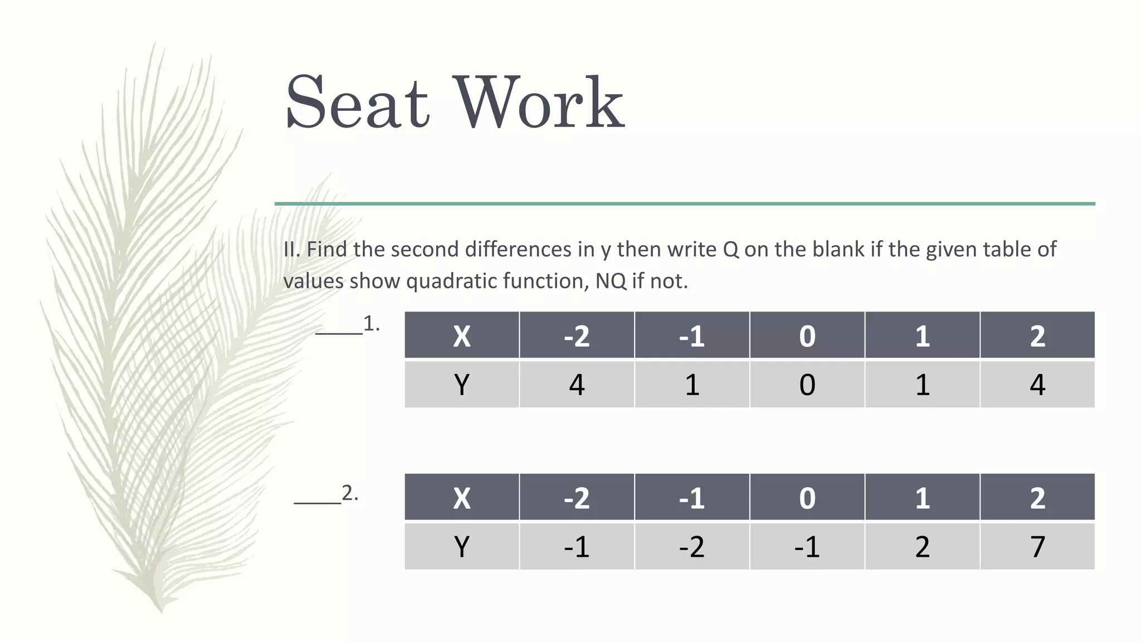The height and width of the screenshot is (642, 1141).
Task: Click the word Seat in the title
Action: tap(357, 103)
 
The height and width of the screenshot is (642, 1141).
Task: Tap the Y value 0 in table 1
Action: tap(807, 385)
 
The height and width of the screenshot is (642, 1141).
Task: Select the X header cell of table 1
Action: tap(461, 335)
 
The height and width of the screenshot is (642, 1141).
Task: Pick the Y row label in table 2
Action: tap(461, 546)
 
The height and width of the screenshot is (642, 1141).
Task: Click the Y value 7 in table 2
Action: tap(1037, 546)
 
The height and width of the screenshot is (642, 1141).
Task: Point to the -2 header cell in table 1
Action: tap(577, 335)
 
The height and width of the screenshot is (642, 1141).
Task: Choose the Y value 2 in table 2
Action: tap(922, 546)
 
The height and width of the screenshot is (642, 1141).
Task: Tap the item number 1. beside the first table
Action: tap(372, 323)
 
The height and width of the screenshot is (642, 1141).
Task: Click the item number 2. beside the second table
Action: tap(350, 493)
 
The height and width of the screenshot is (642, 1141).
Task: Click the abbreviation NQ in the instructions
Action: tap(611, 281)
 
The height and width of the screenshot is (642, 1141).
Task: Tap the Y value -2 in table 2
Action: tap(691, 546)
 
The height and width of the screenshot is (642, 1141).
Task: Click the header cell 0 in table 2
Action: tap(807, 497)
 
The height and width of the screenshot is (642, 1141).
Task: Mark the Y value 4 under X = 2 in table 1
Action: tap(1037, 385)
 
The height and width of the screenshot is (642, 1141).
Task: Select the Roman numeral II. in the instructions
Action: tap(292, 249)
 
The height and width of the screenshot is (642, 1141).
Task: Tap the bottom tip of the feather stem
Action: tap(161, 610)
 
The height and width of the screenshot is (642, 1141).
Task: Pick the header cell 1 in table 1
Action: tap(922, 335)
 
